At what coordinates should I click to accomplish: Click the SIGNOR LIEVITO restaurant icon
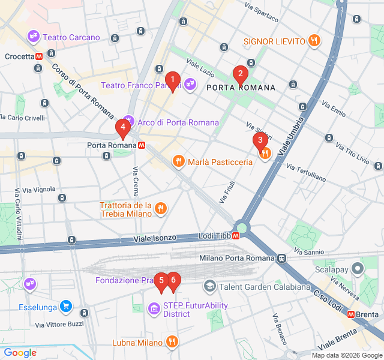pos(314,41)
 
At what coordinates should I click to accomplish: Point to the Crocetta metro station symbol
pos(38,56)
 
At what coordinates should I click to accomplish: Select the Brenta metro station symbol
pos(350,314)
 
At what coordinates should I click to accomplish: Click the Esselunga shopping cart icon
pos(66,308)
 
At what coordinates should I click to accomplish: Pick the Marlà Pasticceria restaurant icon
pos(178,161)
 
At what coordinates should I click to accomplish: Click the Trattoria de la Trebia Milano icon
pos(160,209)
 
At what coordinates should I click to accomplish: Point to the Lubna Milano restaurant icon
pos(172,343)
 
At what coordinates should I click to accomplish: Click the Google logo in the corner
pos(20,353)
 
